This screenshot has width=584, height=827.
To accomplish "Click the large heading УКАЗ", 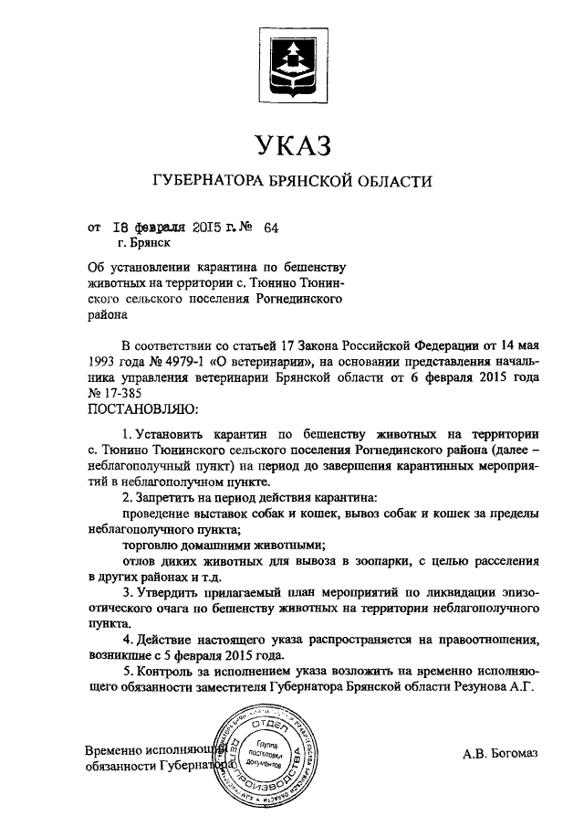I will click(x=291, y=144).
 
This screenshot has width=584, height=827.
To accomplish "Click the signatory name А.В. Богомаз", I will click(x=501, y=752).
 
